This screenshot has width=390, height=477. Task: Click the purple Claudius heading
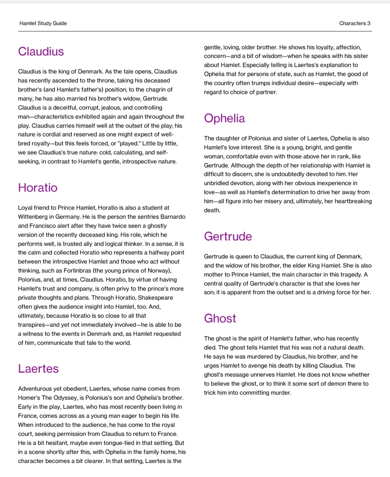tap(41, 52)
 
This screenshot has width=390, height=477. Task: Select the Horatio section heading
tap(38, 188)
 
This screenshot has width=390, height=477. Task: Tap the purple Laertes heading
tap(38, 369)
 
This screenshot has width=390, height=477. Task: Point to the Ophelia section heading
tap(224, 119)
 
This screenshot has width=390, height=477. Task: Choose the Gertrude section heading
tap(228, 237)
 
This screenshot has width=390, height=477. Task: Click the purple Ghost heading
tap(220, 319)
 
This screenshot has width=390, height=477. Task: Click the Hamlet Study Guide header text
tap(43, 23)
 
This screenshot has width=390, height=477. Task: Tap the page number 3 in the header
tap(369, 23)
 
